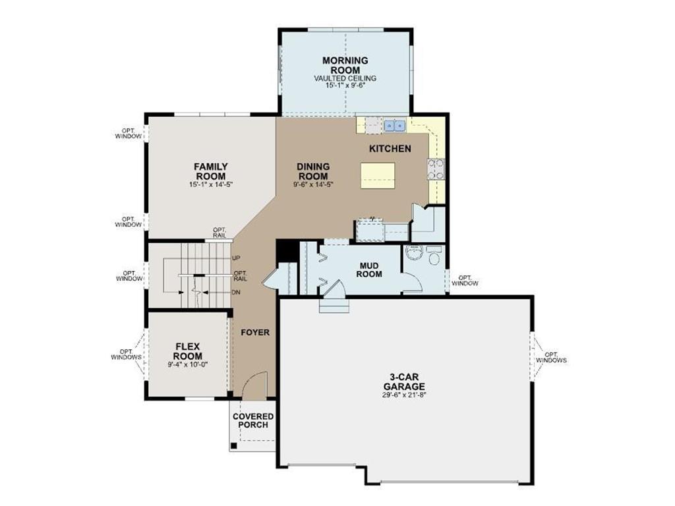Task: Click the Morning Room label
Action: [x=345, y=65]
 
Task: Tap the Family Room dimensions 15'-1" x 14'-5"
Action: [x=211, y=184]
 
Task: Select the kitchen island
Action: [x=378, y=175]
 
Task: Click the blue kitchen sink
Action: [x=395, y=125]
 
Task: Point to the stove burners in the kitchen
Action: [x=435, y=169]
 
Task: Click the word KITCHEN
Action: [x=390, y=149]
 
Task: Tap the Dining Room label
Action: [x=313, y=171]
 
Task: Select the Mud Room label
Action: [x=369, y=269]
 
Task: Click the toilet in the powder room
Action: [x=434, y=256]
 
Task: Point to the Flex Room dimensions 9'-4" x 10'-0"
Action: [x=188, y=364]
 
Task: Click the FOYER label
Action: [x=255, y=333]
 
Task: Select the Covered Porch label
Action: [x=253, y=421]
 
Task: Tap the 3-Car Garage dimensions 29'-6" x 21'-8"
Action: [x=404, y=395]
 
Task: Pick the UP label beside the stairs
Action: [x=236, y=258]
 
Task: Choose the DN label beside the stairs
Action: [x=236, y=293]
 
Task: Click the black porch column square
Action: [x=234, y=446]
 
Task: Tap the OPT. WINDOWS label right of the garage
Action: [x=551, y=357]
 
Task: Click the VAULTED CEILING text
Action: [x=345, y=78]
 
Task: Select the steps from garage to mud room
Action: [x=334, y=304]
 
